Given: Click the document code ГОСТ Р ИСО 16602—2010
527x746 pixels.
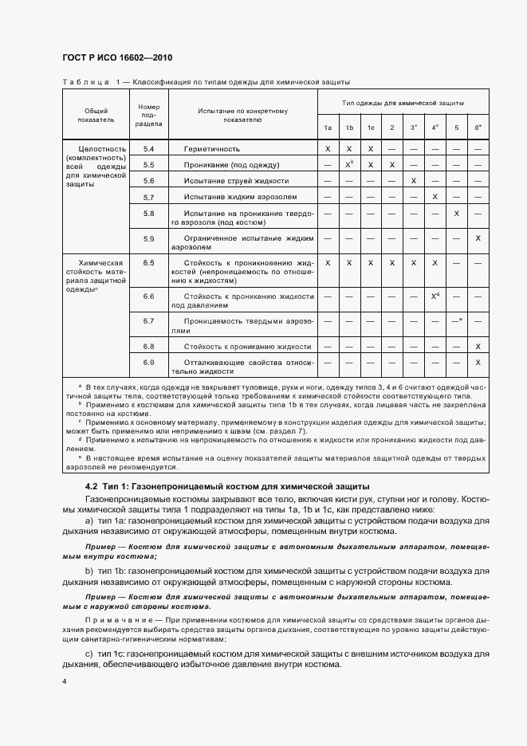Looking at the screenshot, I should tap(116, 58).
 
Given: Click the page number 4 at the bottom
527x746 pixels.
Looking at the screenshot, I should tap(64, 682).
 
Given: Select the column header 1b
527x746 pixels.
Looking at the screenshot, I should tap(349, 128).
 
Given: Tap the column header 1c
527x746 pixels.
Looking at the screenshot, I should tap(371, 128).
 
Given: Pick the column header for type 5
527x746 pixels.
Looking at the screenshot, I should tap(456, 128).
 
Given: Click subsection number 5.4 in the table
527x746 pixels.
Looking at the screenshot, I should tap(149, 149).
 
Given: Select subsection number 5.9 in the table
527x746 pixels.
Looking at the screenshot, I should tap(149, 238).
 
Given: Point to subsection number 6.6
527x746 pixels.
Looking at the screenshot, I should tap(149, 296).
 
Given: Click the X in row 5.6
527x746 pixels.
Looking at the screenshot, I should tap(413, 181).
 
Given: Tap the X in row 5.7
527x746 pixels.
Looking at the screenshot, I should tap(435, 197).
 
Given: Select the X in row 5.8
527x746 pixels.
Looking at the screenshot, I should tap(456, 213).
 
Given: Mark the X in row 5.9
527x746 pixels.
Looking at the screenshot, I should tap(478, 238).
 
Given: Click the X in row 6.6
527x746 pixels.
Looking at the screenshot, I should tap(435, 296).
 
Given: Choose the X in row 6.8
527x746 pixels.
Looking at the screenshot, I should tap(478, 347).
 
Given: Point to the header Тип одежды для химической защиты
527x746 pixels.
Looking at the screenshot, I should tap(403, 104).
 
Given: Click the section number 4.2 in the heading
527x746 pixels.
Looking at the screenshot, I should tap(92, 487).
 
